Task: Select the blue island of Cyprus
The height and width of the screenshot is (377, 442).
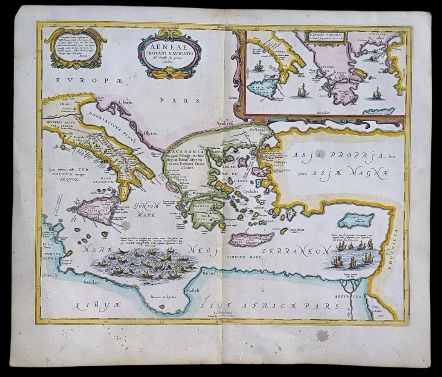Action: pyautogui.click(x=356, y=220)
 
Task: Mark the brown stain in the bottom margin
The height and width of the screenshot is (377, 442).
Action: pyautogui.click(x=322, y=335)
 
